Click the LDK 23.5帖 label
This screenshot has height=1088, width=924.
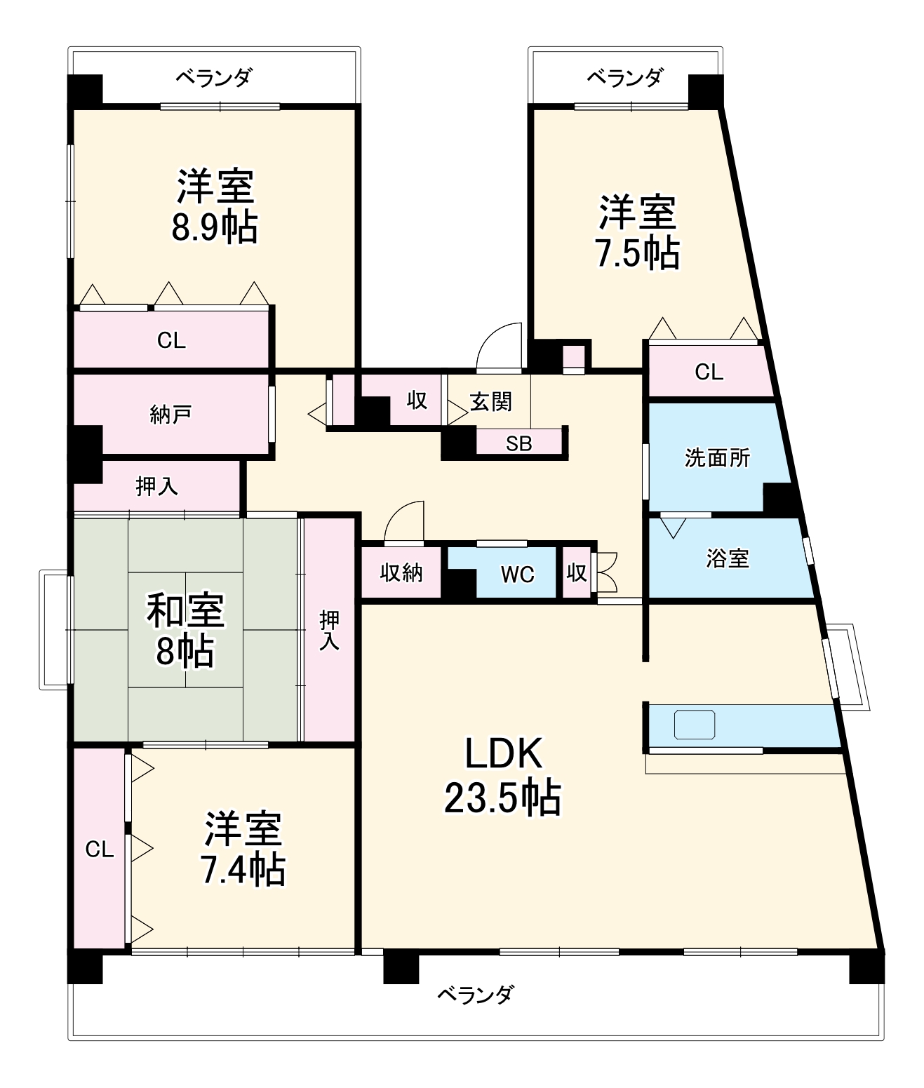click(x=502, y=776)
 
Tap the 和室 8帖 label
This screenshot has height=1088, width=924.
click(x=185, y=629)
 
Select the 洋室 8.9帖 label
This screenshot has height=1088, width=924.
click(x=215, y=206)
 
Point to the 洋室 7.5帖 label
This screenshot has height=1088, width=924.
click(x=637, y=232)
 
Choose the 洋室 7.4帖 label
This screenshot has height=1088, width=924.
click(x=243, y=849)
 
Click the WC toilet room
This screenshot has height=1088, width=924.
click(x=518, y=574)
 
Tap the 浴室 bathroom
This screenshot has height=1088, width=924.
click(x=727, y=558)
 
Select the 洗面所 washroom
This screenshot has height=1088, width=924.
click(x=717, y=458)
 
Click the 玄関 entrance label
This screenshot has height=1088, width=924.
click(x=490, y=402)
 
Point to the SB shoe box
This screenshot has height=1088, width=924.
click(x=519, y=443)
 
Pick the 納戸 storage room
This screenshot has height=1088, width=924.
click(x=170, y=415)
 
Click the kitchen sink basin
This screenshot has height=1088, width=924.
click(x=695, y=725)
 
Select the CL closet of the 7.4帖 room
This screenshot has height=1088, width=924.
click(x=100, y=849)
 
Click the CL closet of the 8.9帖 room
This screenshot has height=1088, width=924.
click(x=171, y=340)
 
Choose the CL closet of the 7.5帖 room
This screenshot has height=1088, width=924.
click(x=709, y=372)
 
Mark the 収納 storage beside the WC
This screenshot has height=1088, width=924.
click(x=401, y=573)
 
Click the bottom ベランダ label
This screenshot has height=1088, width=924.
click(x=475, y=994)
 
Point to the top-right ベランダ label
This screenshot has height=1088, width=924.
click(x=624, y=77)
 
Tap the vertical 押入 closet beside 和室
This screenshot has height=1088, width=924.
click(x=329, y=629)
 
